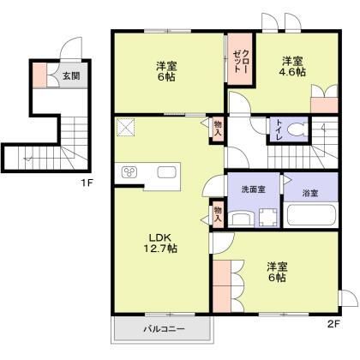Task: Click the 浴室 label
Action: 310,193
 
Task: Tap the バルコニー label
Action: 159,329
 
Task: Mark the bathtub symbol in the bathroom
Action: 309,214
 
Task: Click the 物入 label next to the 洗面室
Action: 218,213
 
